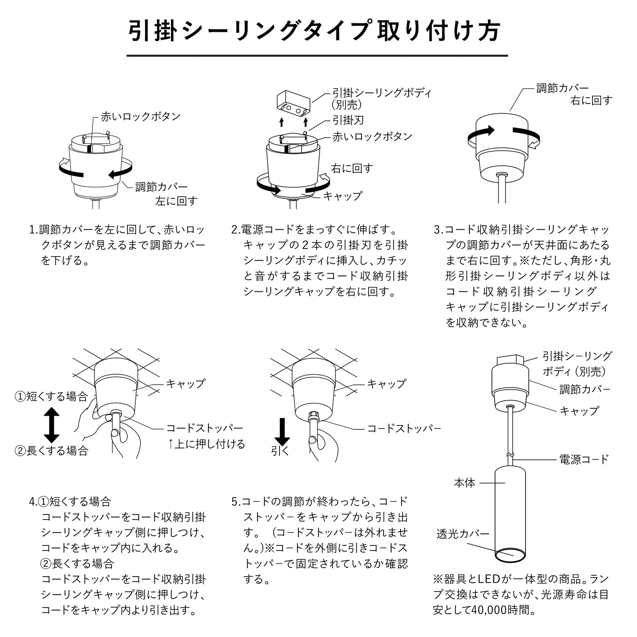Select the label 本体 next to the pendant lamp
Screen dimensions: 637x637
click(x=465, y=483)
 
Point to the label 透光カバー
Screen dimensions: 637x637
click(x=462, y=534)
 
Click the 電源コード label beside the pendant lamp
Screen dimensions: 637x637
click(x=584, y=459)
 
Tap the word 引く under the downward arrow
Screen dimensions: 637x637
click(x=280, y=451)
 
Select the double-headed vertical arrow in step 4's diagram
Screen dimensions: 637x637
click(x=52, y=425)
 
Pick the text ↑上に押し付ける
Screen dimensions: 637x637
click(x=206, y=444)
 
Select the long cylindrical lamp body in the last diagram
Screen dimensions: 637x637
click(x=510, y=511)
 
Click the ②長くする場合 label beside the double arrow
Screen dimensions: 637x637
click(x=52, y=451)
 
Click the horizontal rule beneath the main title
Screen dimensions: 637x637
click(x=317, y=56)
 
